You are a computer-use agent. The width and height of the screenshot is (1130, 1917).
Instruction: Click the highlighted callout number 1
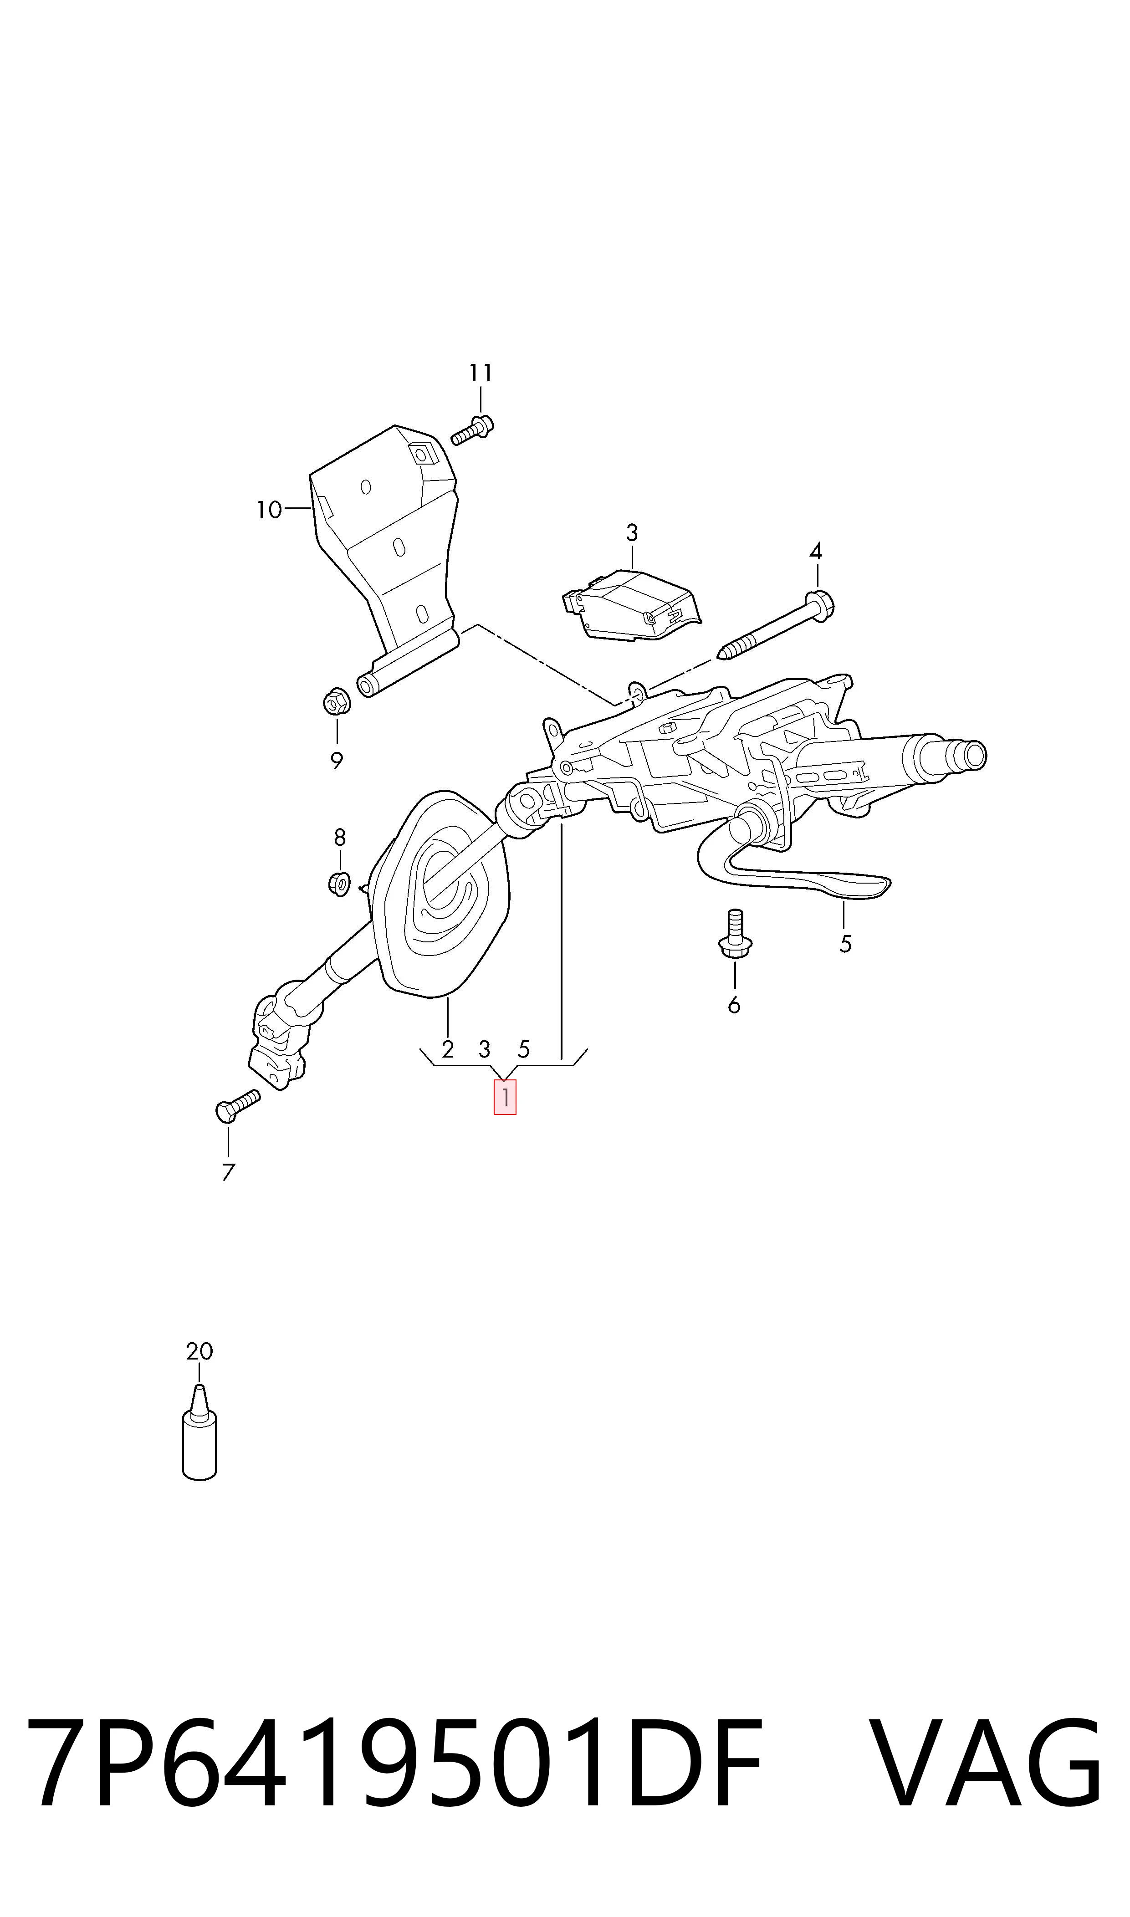pyautogui.click(x=505, y=1097)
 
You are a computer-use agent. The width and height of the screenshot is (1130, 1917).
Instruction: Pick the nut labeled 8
pyautogui.click(x=339, y=883)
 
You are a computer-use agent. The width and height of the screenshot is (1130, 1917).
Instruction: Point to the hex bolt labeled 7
pyautogui.click(x=238, y=1104)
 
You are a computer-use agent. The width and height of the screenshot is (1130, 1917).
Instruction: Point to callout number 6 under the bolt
pyautogui.click(x=734, y=1005)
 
